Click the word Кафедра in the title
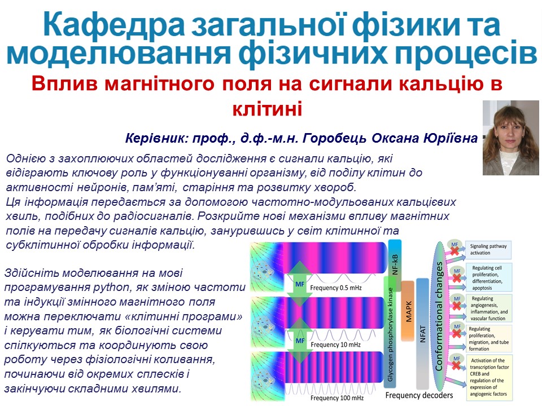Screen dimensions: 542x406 (x=113, y=25)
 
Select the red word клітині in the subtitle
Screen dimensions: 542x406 (x=268, y=108)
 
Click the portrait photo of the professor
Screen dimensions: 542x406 (x=510, y=138)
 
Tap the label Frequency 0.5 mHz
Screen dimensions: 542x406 (x=336, y=288)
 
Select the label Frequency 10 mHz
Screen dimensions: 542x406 (x=335, y=345)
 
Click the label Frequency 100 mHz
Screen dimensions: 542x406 (x=337, y=398)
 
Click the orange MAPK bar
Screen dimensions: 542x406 (x=408, y=311)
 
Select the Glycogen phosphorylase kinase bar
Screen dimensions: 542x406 (x=390, y=332)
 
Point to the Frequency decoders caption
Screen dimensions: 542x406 (x=419, y=395)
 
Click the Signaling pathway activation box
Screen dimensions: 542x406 (x=488, y=250)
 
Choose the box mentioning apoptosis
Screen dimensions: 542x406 (x=488, y=277)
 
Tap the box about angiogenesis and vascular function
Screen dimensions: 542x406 (x=488, y=308)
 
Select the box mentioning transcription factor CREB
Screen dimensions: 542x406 (x=488, y=377)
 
